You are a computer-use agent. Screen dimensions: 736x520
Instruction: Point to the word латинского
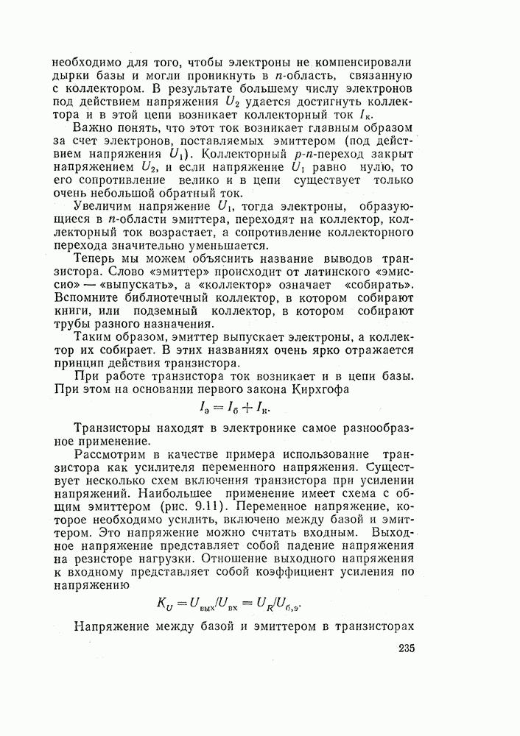(x=326, y=270)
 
